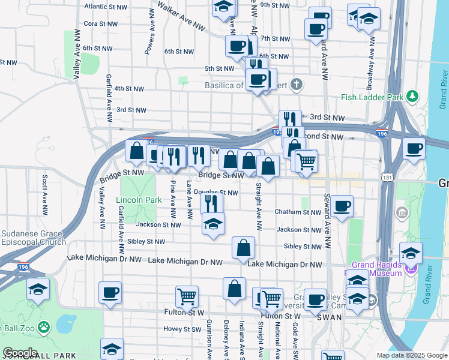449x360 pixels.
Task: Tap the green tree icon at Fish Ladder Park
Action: pyautogui.click(x=412, y=96)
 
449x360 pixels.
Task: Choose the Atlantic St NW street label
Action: pyautogui.click(x=106, y=7)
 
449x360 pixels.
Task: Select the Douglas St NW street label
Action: pyautogui.click(x=216, y=193)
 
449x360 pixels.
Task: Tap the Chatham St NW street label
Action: pyautogui.click(x=298, y=212)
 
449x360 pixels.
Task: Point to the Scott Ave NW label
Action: pyautogui.click(x=45, y=195)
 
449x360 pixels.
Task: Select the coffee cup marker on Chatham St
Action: pyautogui.click(x=342, y=206)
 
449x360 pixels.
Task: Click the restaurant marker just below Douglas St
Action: pyautogui.click(x=212, y=203)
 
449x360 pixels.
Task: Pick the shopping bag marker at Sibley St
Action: pyautogui.click(x=243, y=247)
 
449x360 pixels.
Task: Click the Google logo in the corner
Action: pyautogui.click(x=20, y=353)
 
